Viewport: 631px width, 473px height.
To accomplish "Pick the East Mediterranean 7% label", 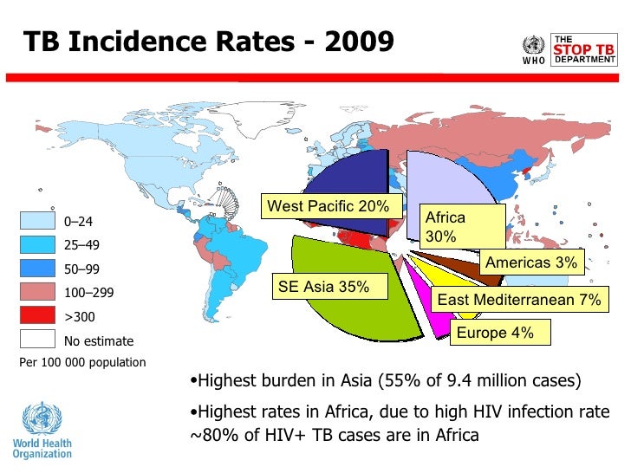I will pos(518,300).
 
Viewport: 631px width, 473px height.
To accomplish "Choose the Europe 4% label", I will pos(494,332).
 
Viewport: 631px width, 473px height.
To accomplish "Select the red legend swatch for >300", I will pos(36,316).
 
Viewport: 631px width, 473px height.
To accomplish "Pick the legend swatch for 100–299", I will pos(36,293).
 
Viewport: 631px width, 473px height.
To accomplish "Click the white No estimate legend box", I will pos(36,340).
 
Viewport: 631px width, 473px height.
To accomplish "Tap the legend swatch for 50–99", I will pos(36,269).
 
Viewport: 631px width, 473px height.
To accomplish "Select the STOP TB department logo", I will pos(582,50).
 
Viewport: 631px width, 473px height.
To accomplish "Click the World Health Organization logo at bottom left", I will pos(42,429).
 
